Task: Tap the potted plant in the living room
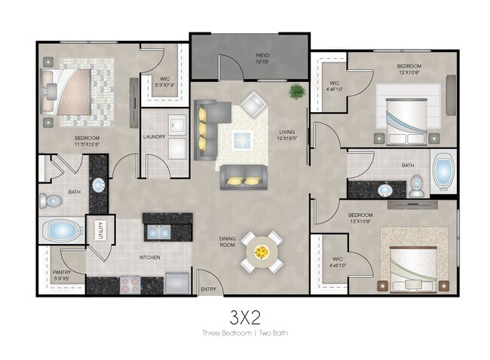click(x=297, y=92)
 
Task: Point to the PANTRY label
click(x=63, y=275)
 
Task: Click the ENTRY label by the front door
click(x=207, y=288)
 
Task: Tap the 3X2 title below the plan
click(x=244, y=315)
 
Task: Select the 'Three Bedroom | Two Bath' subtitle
click(x=244, y=332)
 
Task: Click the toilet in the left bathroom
click(x=51, y=201)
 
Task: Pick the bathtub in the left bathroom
click(x=62, y=229)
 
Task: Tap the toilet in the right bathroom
click(x=417, y=185)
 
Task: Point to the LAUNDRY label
click(x=154, y=136)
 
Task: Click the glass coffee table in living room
click(x=243, y=139)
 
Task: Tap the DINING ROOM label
click(x=228, y=242)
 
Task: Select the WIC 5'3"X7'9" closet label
click(x=164, y=81)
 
